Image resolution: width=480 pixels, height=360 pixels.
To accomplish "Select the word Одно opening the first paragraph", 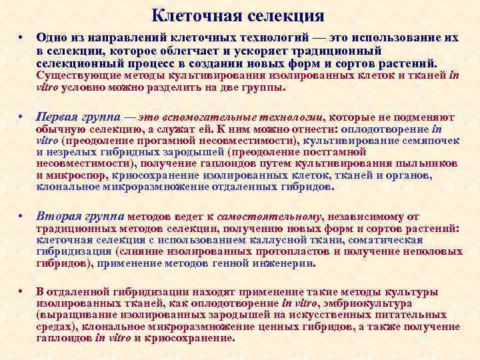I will pos(51,38).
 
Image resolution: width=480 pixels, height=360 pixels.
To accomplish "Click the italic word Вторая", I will pos(56,216).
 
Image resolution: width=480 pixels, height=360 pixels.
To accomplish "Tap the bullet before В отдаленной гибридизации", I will pos(21,291).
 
